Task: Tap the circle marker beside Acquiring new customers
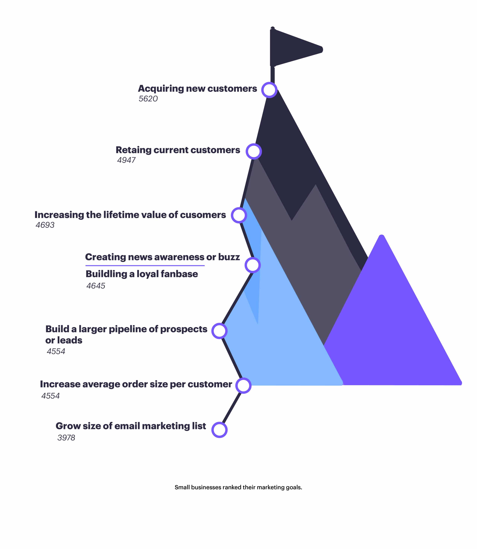tap(269, 90)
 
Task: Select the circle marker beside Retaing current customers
tap(254, 151)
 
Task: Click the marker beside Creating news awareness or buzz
tap(252, 265)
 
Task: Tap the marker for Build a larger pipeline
tap(219, 331)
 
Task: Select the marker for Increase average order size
tap(243, 385)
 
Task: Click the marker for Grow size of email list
tap(219, 430)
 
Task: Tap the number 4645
tap(96, 286)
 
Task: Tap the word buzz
tap(229, 257)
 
